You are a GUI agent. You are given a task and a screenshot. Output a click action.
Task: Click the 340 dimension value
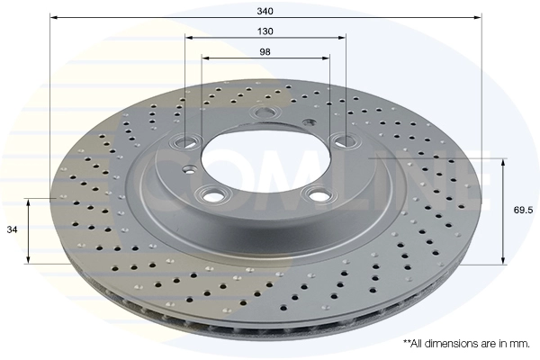pos(265,11)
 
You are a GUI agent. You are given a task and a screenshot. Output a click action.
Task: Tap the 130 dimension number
pos(265,31)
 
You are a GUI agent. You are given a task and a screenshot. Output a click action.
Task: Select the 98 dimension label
pos(265,52)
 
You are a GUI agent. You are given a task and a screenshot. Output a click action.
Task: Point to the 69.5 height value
pos(523,210)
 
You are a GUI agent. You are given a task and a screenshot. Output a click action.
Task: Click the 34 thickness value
pos(12,229)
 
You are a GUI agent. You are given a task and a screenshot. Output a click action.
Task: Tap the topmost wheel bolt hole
pos(264,112)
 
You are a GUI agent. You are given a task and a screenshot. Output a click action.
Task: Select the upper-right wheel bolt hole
pos(344,140)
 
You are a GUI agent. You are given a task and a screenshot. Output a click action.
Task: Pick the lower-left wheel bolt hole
pos(211,195)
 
